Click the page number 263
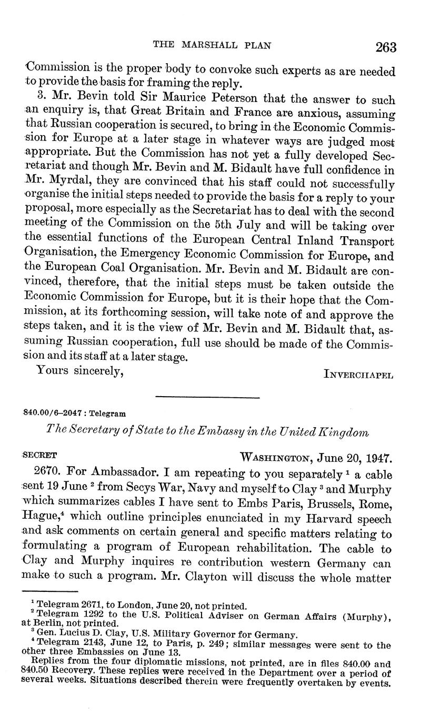386,47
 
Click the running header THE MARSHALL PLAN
212,45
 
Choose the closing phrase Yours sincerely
80,371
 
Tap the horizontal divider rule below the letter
208,397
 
